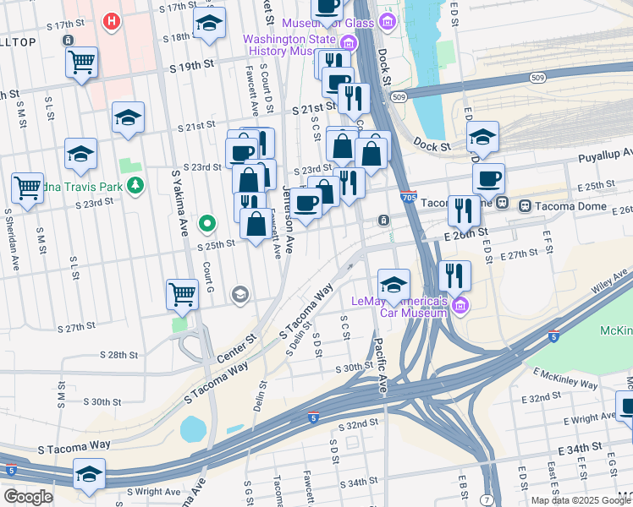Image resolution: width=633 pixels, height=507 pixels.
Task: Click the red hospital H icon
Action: (x=111, y=21)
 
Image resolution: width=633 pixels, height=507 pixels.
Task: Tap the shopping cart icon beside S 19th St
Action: (x=81, y=62)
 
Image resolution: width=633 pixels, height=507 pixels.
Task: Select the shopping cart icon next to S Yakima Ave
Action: (x=182, y=294)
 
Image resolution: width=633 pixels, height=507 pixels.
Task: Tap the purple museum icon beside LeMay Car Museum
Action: (x=460, y=304)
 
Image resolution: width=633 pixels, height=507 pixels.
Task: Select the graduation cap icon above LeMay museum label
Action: (x=394, y=285)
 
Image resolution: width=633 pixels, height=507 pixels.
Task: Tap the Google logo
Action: (x=28, y=496)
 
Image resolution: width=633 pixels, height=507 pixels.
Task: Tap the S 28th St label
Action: (x=118, y=356)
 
